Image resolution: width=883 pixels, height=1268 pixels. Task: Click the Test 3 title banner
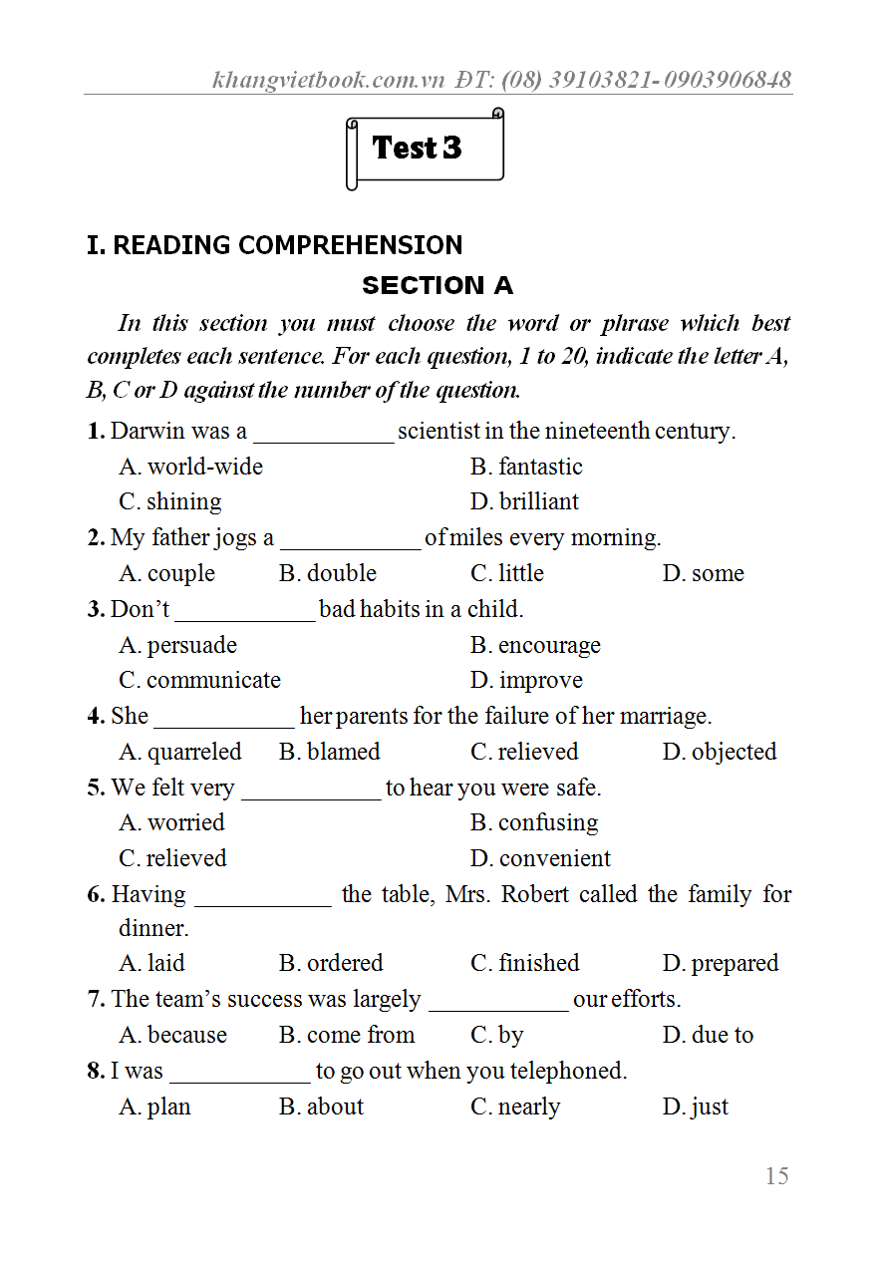pos(424,150)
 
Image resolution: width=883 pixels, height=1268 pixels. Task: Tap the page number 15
pos(776,1176)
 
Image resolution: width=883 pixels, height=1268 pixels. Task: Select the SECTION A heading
pos(437,286)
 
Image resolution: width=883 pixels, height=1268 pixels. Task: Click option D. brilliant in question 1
pos(524,501)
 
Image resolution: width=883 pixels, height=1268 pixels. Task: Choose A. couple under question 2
pos(167,573)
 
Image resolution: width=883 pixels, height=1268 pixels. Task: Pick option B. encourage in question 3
pos(535,645)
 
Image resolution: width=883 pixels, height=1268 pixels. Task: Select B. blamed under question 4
pos(330,752)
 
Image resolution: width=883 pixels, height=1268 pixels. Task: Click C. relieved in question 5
pos(172,858)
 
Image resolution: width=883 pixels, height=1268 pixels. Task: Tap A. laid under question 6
pos(152,963)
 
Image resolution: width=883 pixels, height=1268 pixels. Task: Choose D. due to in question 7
pos(708,1035)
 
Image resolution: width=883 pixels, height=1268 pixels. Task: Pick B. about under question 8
pos(321,1107)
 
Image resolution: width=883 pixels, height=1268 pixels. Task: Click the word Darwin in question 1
pos(147,431)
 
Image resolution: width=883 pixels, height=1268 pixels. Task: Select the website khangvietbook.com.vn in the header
pos(328,80)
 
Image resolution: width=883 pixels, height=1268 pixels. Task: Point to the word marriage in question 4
pos(665,716)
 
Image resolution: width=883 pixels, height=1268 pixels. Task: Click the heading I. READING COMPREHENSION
pos(275,245)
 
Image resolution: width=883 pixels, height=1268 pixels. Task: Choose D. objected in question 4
pos(720,752)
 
